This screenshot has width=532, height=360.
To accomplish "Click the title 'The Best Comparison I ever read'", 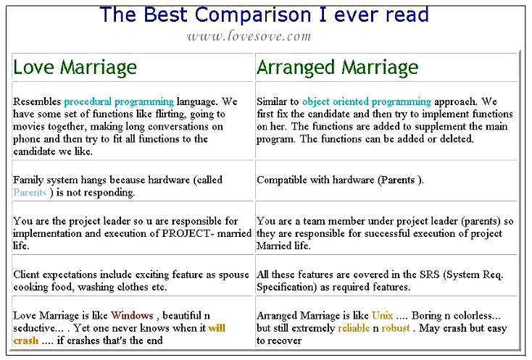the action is [x=265, y=15].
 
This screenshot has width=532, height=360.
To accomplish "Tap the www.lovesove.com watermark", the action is [x=249, y=36].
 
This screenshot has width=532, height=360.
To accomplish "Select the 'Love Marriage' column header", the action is [x=75, y=67].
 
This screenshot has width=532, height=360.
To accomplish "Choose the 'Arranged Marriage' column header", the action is [x=337, y=67].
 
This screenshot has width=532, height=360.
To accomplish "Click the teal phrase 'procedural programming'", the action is [x=119, y=101].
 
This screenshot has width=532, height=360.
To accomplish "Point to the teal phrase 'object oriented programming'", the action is [x=367, y=101].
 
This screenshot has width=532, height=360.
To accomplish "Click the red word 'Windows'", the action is [x=132, y=315].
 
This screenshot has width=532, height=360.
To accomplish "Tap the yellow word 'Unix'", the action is [x=382, y=315].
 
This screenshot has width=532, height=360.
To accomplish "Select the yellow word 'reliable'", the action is [x=354, y=328].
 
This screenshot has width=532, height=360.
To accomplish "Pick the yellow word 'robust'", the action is [x=396, y=328].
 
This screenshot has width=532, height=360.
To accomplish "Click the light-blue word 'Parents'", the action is [x=30, y=192].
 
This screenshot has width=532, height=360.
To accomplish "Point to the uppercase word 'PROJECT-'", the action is [x=188, y=233].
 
